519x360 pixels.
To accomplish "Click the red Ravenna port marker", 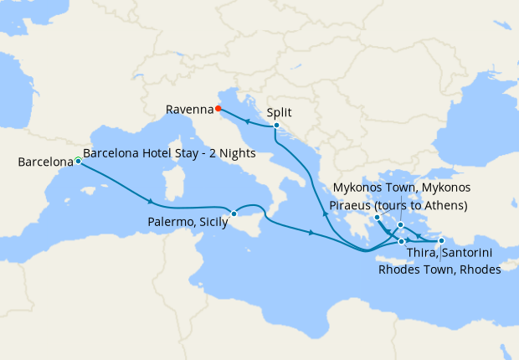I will tap(218, 108).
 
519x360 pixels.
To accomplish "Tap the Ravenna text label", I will tap(189, 109).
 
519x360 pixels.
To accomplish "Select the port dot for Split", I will tap(276, 126).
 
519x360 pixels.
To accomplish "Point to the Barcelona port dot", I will tap(78, 160).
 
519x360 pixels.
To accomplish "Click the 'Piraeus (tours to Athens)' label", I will tap(399, 205).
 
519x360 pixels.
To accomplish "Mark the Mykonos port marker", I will tap(401, 225).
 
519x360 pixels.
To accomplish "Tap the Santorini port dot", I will tap(402, 241).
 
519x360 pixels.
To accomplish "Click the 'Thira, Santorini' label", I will tap(448, 253).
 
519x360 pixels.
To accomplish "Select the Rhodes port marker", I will tap(441, 241).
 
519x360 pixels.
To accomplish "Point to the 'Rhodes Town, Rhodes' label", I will tap(439, 270).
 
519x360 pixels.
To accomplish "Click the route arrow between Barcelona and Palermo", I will tap(150, 202).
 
